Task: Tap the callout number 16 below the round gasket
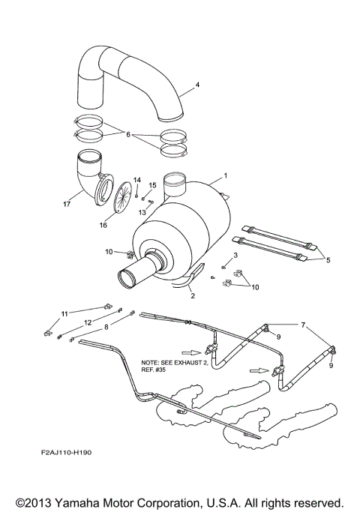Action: (104, 223)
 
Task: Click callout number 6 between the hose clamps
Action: (128, 135)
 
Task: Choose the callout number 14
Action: (137, 180)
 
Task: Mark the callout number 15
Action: (153, 185)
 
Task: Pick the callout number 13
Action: (141, 212)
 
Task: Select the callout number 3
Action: (235, 256)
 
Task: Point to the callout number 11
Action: (64, 313)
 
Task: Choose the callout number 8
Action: (106, 327)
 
